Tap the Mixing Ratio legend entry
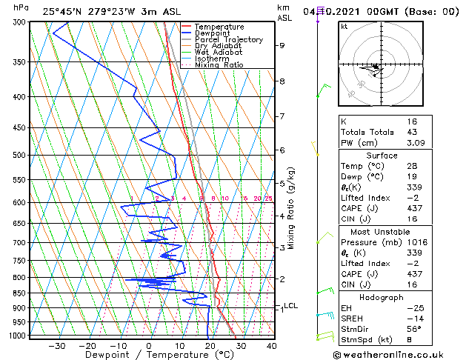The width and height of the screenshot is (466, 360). tap(219, 65)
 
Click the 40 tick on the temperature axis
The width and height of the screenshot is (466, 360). tap(271, 345)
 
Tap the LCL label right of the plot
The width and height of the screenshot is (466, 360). tap(291, 305)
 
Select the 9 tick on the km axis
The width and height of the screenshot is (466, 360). tap(282, 46)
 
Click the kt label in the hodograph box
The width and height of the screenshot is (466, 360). tap(344, 27)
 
